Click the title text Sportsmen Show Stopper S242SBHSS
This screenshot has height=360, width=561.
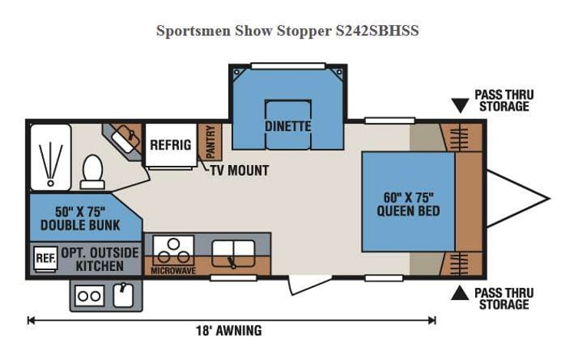tap(287, 31)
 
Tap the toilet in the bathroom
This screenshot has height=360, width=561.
tap(92, 170)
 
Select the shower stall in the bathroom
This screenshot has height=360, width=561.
tap(51, 157)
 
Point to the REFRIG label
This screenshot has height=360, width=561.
tap(170, 144)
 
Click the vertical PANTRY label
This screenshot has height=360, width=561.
tap(210, 140)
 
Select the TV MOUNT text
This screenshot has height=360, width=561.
tap(239, 170)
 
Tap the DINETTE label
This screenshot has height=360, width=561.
tap(288, 126)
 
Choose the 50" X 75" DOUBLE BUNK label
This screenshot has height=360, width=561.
tap(81, 218)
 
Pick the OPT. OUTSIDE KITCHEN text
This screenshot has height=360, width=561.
tap(100, 259)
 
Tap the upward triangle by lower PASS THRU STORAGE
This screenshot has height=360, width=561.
tap(460, 293)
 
